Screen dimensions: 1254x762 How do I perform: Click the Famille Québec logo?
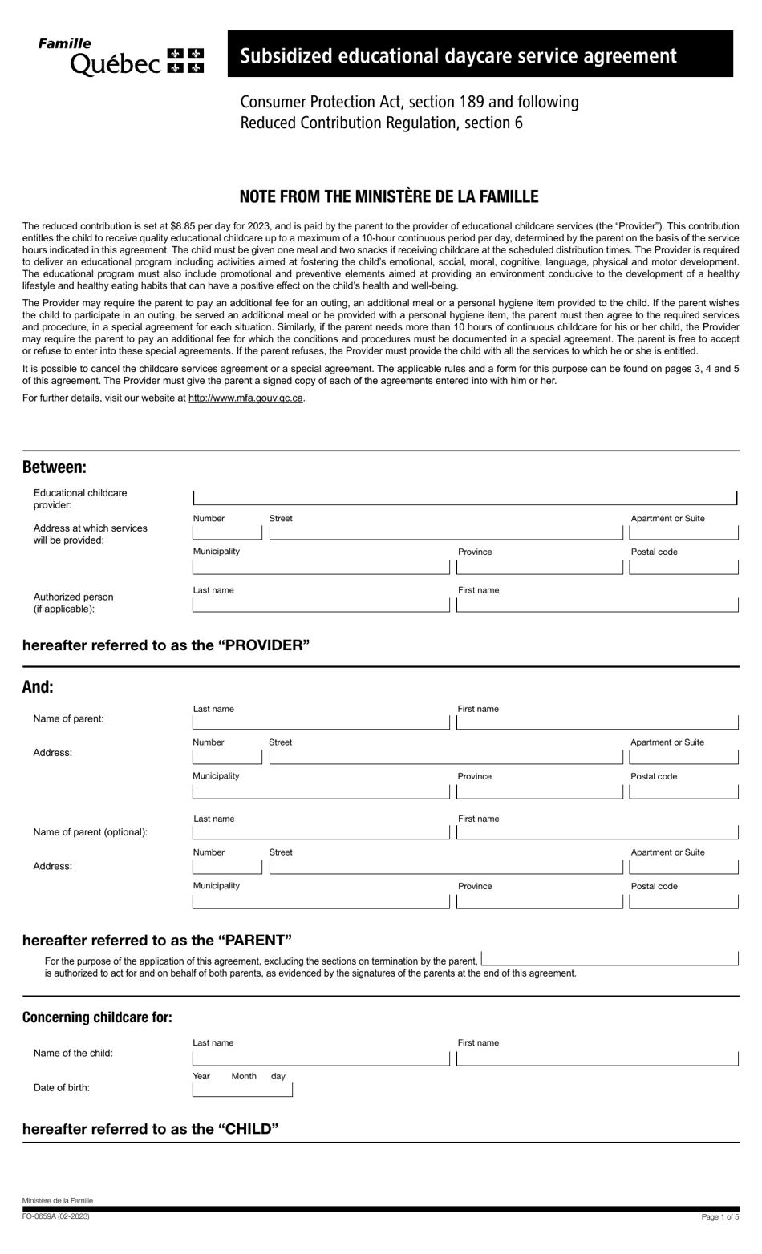click(x=120, y=56)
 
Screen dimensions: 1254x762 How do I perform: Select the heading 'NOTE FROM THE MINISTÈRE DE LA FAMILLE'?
click(x=389, y=196)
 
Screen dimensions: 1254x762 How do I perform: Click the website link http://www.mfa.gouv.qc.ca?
click(x=245, y=398)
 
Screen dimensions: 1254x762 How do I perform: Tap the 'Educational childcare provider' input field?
click(x=464, y=497)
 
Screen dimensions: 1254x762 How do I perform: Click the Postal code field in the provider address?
click(x=683, y=568)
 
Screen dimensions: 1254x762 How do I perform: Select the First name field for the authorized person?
click(x=597, y=605)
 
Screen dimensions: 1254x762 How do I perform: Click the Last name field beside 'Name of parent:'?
click(x=321, y=722)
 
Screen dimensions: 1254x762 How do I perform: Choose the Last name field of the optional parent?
click(x=321, y=832)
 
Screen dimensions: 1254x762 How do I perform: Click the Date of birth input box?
click(x=242, y=1090)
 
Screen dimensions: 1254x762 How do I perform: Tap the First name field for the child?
click(x=597, y=1058)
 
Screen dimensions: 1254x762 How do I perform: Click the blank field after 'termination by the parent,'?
click(x=610, y=959)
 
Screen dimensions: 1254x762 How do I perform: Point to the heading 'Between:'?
click(x=55, y=467)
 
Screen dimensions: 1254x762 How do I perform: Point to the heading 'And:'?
click(x=38, y=687)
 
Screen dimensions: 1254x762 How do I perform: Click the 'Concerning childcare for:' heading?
click(x=97, y=1017)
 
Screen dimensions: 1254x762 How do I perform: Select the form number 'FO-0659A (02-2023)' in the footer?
click(x=56, y=1216)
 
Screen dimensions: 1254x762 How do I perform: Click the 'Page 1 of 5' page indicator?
click(x=719, y=1217)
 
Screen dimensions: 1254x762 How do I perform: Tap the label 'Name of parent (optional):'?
click(x=91, y=832)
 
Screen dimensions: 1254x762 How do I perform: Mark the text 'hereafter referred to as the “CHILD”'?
click(x=151, y=1129)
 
